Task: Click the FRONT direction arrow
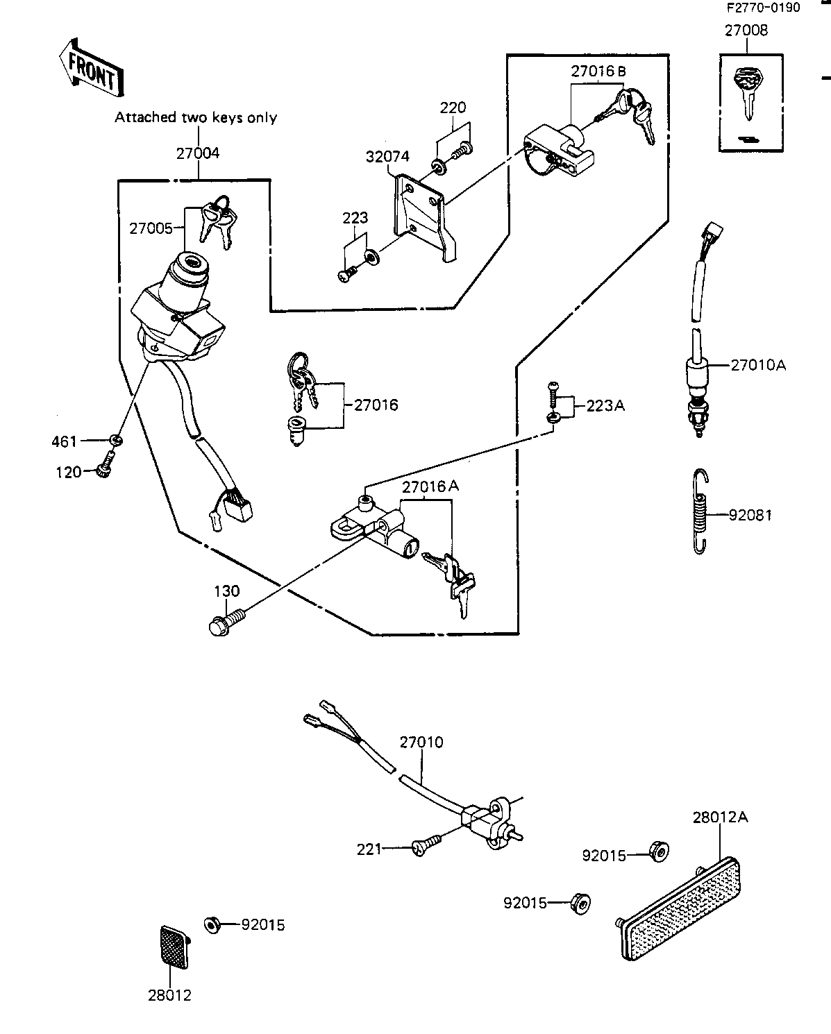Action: (x=92, y=68)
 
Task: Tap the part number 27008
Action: (x=746, y=31)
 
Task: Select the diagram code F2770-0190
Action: (x=763, y=8)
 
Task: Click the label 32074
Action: (x=387, y=156)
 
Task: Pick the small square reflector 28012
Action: (x=174, y=947)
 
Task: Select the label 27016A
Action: (x=430, y=486)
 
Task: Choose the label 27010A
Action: (x=758, y=365)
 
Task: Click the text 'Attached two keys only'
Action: (x=196, y=118)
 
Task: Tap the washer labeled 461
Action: (x=115, y=440)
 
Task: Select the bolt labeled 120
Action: (x=106, y=464)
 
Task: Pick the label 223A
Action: (x=605, y=406)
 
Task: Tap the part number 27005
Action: (x=151, y=229)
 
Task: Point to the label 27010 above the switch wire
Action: (x=421, y=743)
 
